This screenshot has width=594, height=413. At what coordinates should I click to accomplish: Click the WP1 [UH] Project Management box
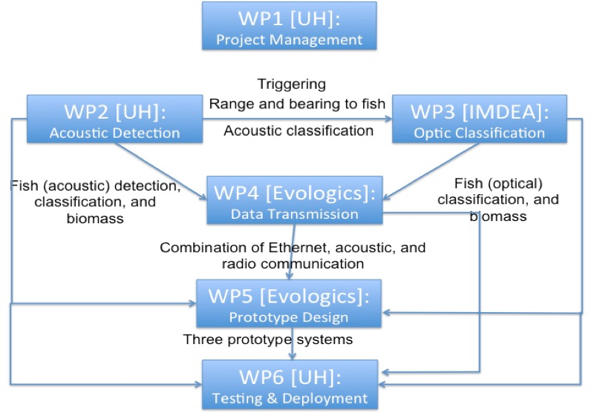(x=289, y=26)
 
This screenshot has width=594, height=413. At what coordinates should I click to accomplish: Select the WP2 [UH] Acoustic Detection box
(x=114, y=118)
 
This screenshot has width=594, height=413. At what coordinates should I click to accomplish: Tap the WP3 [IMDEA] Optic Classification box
(x=479, y=118)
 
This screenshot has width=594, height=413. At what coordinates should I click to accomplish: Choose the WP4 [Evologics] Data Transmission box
(x=294, y=199)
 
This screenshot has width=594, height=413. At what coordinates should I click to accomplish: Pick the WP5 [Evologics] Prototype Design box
(x=288, y=303)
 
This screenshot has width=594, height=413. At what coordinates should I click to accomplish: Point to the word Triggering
(x=291, y=84)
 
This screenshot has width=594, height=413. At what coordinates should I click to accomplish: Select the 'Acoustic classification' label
(x=298, y=130)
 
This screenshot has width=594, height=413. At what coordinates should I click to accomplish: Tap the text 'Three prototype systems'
(x=268, y=340)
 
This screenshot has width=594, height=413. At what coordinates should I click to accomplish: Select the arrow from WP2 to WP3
(x=297, y=117)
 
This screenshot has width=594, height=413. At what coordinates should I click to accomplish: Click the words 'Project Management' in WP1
(x=289, y=39)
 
